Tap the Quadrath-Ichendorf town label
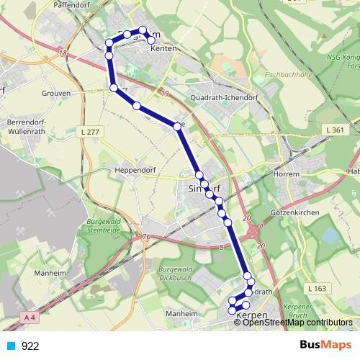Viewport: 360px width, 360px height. (223, 98)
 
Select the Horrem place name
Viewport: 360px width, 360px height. (287, 174)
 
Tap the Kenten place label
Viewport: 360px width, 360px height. (163, 48)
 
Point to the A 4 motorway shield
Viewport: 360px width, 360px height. (28, 317)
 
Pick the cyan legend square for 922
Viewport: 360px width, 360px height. (11, 346)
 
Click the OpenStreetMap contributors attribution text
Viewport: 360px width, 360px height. (298, 323)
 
